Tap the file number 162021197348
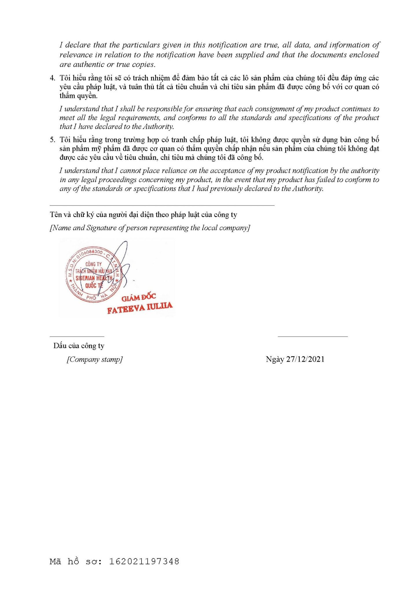[x=144, y=562]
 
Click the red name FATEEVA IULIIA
[x=140, y=308]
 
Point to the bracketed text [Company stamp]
[x=95, y=359]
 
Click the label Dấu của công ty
[x=79, y=346]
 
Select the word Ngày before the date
[x=275, y=359]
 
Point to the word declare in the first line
[x=78, y=45]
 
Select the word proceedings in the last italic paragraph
[x=116, y=180]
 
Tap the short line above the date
[x=313, y=336]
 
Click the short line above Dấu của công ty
[x=77, y=336]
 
